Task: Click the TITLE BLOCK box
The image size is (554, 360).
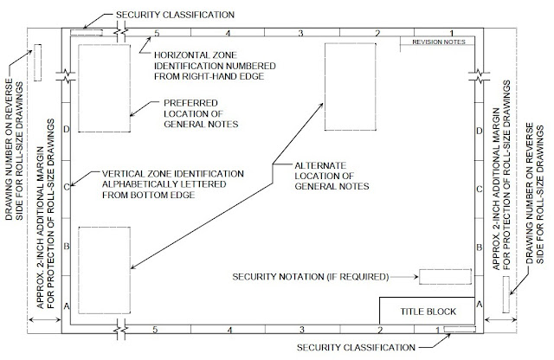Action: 427,310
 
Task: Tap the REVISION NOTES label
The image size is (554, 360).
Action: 439,42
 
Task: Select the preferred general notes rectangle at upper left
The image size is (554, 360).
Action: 103,88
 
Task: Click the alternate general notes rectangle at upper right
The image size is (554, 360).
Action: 350,85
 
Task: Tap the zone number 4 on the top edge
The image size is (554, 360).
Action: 229,33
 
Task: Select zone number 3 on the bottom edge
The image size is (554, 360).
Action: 301,330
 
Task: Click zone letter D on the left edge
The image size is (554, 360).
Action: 67,130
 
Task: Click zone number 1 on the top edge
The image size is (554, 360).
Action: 451,33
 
